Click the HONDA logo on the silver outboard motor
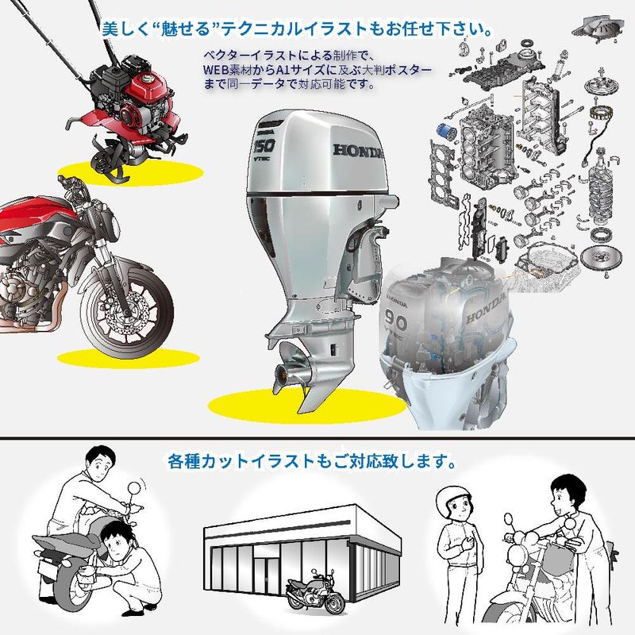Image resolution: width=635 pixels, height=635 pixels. click(x=358, y=151)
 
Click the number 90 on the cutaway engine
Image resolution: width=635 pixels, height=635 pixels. click(x=396, y=323)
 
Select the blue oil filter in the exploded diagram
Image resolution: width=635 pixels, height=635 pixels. click(x=447, y=131)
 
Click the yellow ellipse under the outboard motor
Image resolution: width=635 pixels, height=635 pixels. click(x=306, y=406)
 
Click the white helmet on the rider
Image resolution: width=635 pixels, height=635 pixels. click(x=453, y=499)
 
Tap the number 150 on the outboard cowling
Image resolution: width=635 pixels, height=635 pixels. click(x=264, y=145)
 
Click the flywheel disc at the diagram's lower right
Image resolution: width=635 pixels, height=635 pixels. click(x=595, y=256)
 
